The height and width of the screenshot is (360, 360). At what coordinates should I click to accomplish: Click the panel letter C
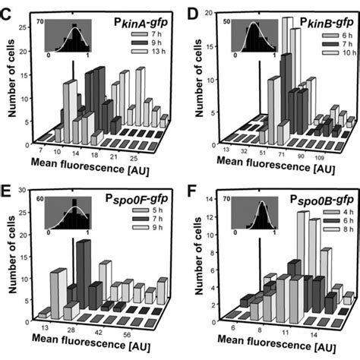[x=8, y=9]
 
